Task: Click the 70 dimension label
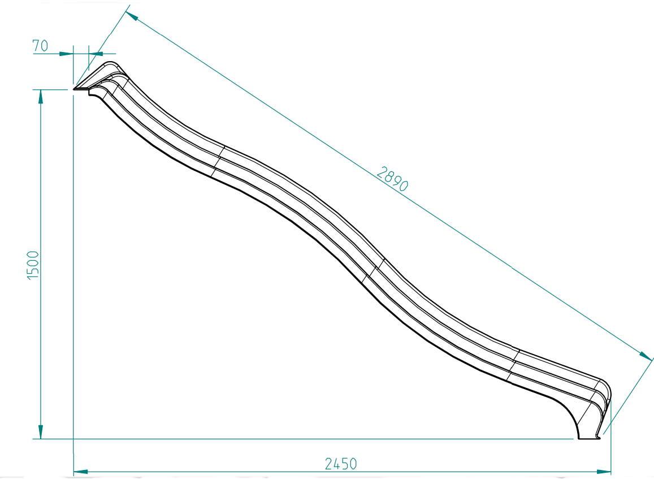[x=41, y=45]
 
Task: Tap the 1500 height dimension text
[x=33, y=265]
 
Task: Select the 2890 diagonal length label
[x=392, y=179]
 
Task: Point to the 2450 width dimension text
[x=341, y=464]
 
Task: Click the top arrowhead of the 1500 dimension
[x=41, y=97]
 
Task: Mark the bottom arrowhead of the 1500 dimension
[x=41, y=432]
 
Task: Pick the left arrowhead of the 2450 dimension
[x=81, y=472]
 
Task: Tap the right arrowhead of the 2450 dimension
[x=603, y=472]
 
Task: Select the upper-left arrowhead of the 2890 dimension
[x=132, y=16]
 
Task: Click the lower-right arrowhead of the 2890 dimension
[x=645, y=355]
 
